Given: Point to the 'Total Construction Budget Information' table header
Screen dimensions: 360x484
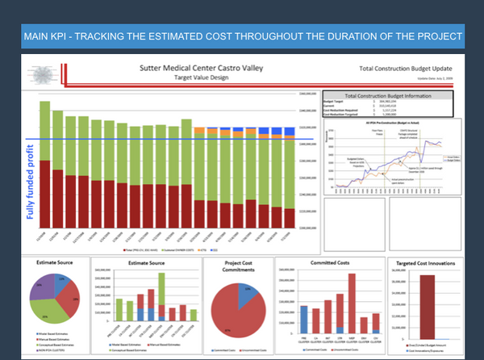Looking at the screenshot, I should click(x=390, y=94).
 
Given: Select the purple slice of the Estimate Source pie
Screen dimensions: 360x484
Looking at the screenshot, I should click(x=46, y=286).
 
